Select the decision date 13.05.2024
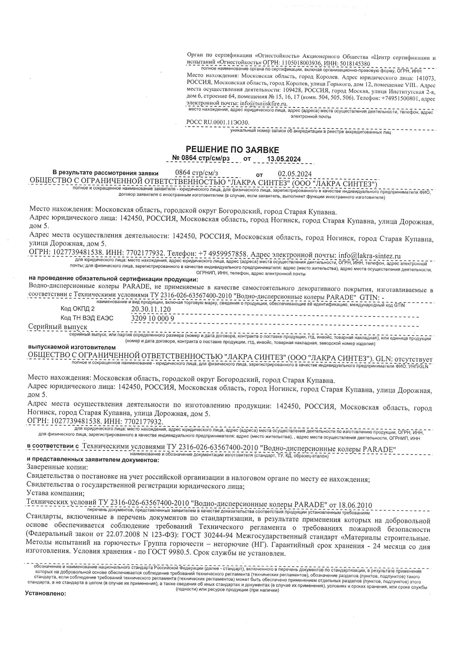(x=283, y=159)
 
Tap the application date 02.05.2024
(x=295, y=174)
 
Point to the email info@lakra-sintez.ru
(x=369, y=256)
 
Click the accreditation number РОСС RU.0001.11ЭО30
(x=218, y=122)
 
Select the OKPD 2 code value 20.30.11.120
(x=151, y=309)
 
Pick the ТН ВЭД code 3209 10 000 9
(x=152, y=318)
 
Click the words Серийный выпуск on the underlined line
(x=58, y=327)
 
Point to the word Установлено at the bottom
(x=46, y=593)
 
